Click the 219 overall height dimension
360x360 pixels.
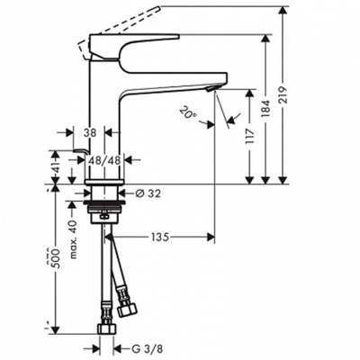tap(283, 95)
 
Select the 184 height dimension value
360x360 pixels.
tap(266, 109)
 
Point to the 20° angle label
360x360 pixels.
tap(188, 113)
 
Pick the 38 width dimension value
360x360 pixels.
tap(89, 132)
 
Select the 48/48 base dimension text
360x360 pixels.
tap(104, 160)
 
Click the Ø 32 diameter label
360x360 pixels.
tap(148, 193)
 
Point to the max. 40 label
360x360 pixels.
tap(73, 239)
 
